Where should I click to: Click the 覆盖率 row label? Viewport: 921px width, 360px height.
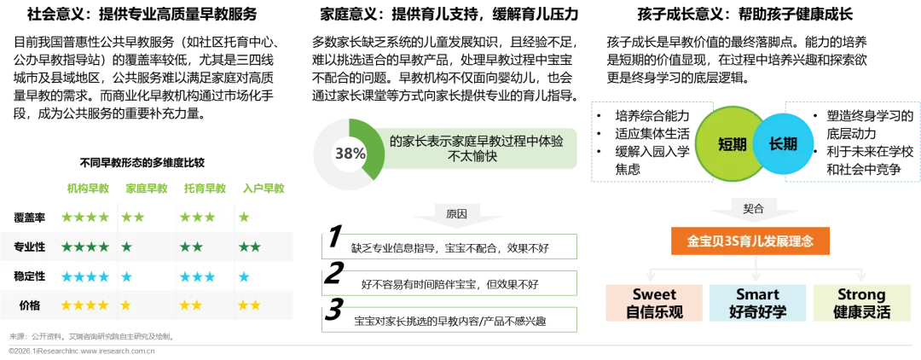coord(29,218)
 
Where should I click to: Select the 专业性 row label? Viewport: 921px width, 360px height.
coord(29,247)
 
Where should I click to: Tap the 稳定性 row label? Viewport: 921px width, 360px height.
coord(29,276)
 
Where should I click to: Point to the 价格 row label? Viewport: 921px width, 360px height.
coord(29,305)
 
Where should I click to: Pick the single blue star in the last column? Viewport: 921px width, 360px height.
coord(244,276)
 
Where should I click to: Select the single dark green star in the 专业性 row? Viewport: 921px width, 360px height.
coord(126,247)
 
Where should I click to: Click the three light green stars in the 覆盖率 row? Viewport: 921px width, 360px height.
coord(197,218)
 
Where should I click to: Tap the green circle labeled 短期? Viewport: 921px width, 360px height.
coord(732,144)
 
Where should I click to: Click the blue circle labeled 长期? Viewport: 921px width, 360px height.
coord(783,144)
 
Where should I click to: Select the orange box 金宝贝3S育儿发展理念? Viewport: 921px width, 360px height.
coord(750,241)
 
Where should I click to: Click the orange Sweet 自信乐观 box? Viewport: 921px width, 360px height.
coord(654,303)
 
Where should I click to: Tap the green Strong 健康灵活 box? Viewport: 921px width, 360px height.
coord(860,303)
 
